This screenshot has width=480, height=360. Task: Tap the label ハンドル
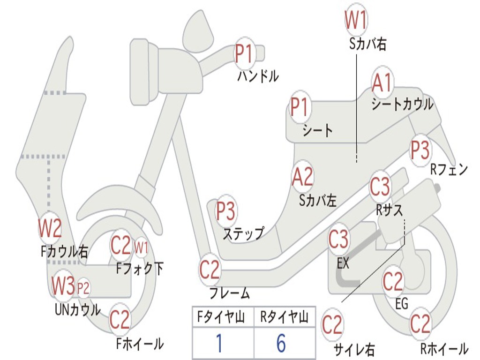click(258, 75)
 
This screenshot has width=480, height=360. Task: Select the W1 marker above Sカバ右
click(356, 20)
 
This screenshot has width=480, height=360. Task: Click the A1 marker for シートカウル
click(382, 83)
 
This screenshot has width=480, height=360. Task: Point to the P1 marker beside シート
click(300, 107)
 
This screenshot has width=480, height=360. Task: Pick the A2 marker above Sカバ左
click(302, 177)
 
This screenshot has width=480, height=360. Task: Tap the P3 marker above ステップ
click(226, 211)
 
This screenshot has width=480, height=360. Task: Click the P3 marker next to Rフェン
click(420, 150)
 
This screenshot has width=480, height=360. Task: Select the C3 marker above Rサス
click(380, 187)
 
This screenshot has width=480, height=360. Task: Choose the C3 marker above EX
click(338, 240)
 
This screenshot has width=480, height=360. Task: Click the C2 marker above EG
click(393, 281)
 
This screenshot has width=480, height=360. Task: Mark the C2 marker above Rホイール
click(420, 324)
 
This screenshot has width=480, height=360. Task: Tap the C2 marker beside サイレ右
click(332, 324)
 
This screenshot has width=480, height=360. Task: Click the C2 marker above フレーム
click(210, 270)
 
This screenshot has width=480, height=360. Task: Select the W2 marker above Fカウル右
click(50, 228)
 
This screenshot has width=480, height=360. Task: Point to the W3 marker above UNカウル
click(63, 285)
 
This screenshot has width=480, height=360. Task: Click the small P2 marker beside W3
click(83, 288)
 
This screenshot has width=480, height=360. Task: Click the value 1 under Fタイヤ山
click(218, 344)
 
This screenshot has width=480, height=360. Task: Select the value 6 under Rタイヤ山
click(281, 344)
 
